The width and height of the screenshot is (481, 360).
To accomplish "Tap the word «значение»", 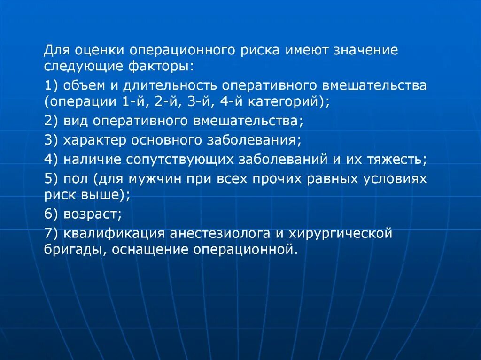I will tap(365, 50).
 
